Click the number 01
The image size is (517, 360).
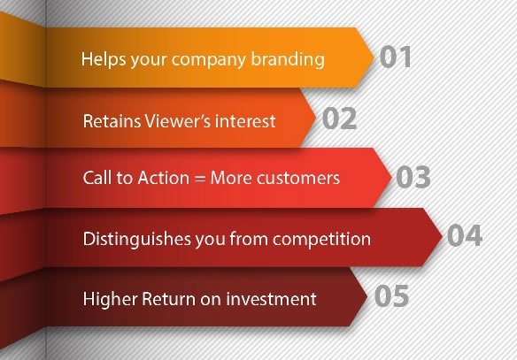pyautogui.click(x=396, y=57)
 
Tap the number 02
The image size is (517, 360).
pyautogui.click(x=339, y=118)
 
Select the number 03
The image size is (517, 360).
pyautogui.click(x=413, y=177)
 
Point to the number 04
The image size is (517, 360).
pyautogui.click(x=465, y=235)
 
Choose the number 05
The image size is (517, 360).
pyautogui.click(x=391, y=295)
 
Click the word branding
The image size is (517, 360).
pyautogui.click(x=288, y=59)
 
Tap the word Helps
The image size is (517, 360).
pyautogui.click(x=104, y=59)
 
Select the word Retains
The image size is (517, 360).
pyautogui.click(x=112, y=121)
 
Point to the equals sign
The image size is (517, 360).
pyautogui.click(x=200, y=179)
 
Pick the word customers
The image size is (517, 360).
pyautogui.click(x=298, y=178)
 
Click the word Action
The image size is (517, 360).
pyautogui.click(x=164, y=178)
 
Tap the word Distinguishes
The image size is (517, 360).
pyautogui.click(x=137, y=240)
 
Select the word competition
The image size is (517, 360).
pyautogui.click(x=321, y=239)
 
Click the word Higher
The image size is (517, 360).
pyautogui.click(x=110, y=300)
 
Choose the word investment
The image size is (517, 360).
pyautogui.click(x=272, y=299)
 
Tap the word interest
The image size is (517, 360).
pyautogui.click(x=245, y=121)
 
